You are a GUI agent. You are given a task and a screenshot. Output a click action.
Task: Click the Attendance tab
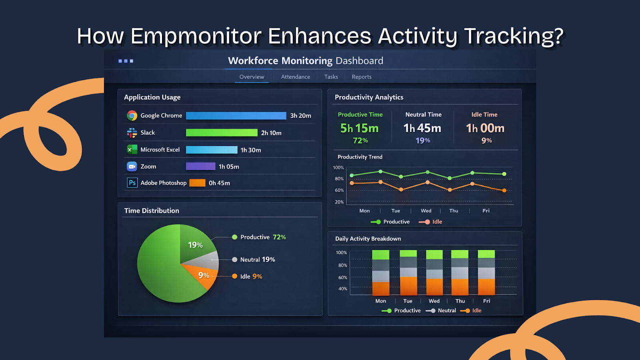[295, 77]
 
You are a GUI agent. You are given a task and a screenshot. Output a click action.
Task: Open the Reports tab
[362, 77]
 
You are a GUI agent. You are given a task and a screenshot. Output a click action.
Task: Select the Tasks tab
[331, 77]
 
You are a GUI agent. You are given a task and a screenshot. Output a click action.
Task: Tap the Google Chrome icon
[132, 116]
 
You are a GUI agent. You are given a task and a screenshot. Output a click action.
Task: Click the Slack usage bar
[222, 133]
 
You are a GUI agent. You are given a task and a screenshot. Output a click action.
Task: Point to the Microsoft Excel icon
[132, 150]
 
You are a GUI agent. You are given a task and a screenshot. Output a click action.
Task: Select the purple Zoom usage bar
[200, 166]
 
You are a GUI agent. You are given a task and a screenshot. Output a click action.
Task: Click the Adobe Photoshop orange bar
[197, 183]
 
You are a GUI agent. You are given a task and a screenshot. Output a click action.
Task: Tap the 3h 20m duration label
[300, 116]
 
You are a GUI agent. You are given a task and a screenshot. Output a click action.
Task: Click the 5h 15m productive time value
[359, 128]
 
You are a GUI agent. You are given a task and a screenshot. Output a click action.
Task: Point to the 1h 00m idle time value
[485, 128]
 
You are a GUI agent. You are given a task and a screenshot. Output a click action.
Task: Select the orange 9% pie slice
[204, 276]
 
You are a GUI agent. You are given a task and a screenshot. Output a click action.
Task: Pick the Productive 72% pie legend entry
[259, 237]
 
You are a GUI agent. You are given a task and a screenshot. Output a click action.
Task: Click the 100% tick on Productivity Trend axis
[338, 168]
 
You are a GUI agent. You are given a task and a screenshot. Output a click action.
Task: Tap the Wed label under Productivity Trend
[426, 211]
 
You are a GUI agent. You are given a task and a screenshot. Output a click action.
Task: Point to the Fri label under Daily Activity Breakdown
[486, 301]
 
